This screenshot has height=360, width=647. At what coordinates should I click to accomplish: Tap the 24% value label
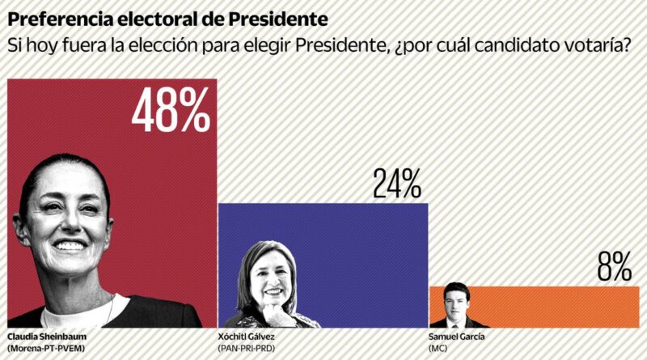click(396, 184)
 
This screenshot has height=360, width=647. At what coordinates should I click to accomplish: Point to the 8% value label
click(614, 266)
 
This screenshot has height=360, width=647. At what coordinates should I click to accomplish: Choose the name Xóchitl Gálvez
click(251, 337)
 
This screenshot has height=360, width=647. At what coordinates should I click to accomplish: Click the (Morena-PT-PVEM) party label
click(47, 349)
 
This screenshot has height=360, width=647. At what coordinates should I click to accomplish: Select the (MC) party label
click(439, 349)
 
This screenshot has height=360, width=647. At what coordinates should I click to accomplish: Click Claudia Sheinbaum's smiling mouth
click(71, 244)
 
